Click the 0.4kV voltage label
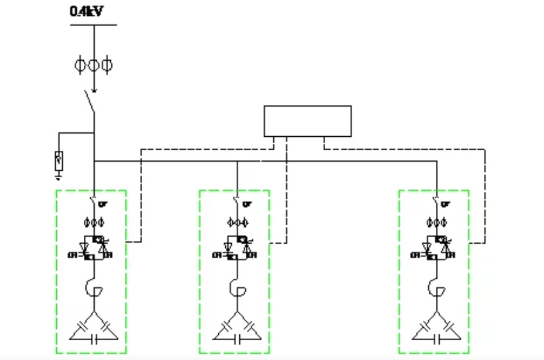[x=86, y=11]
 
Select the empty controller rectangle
[x=307, y=121]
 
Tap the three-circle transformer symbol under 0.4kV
[x=93, y=65]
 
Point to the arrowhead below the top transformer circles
[x=94, y=90]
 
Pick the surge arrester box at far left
[x=59, y=158]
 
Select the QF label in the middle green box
[x=248, y=205]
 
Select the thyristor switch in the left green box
[x=93, y=248]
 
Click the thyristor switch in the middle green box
[x=237, y=248]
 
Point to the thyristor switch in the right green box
[x=436, y=248]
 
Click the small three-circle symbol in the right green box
[x=436, y=223]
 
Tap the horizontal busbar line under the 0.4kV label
[x=93, y=25]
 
